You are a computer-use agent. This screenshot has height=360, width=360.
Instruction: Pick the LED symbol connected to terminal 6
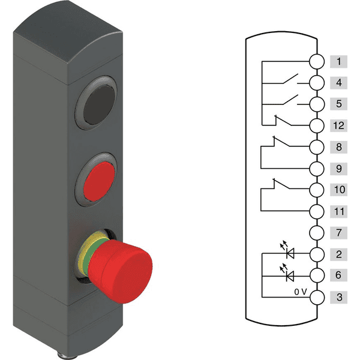click(x=290, y=275)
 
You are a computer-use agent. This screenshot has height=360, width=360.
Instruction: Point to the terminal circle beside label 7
click(x=317, y=232)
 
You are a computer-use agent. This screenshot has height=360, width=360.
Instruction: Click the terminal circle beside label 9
click(x=317, y=168)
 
